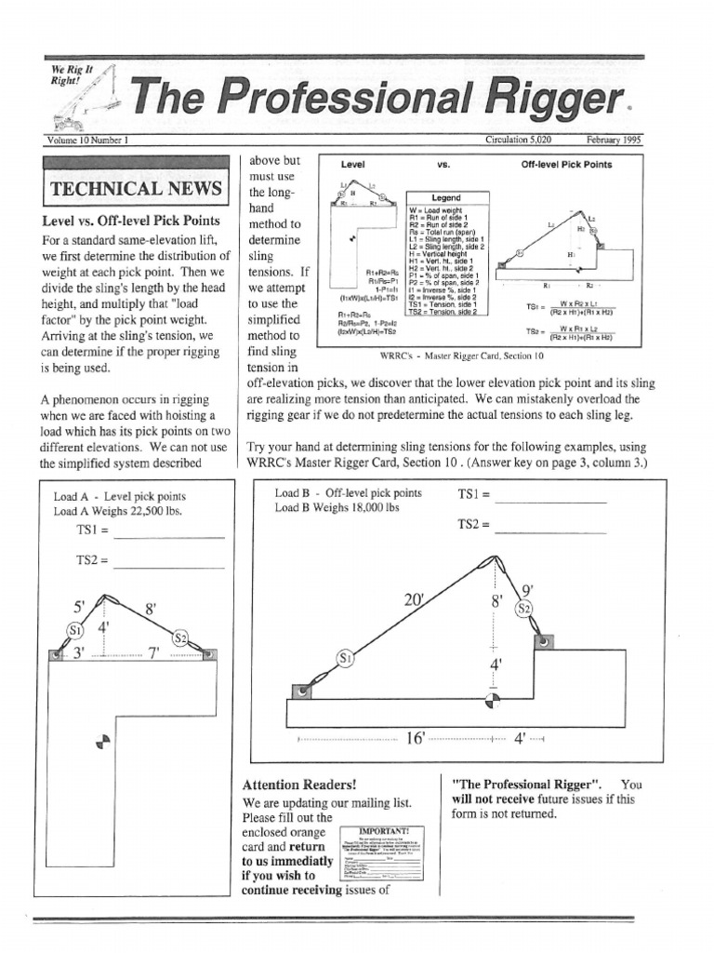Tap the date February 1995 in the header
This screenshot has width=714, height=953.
[x=615, y=140]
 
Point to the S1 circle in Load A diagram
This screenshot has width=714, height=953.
[x=74, y=630]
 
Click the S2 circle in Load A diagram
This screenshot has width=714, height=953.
[x=182, y=638]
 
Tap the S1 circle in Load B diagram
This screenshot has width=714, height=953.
[x=346, y=659]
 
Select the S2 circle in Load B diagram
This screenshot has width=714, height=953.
[x=525, y=608]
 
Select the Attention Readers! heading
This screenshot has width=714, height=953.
[x=298, y=784]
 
